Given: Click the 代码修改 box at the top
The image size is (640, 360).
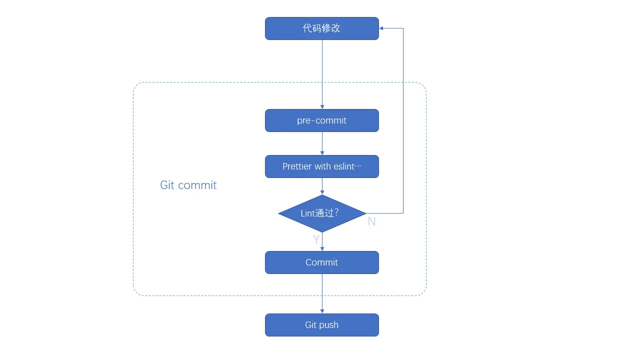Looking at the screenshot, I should click(x=321, y=28).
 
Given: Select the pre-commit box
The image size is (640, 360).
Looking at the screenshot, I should click(x=321, y=120).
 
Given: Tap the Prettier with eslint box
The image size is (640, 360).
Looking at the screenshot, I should click(x=321, y=166).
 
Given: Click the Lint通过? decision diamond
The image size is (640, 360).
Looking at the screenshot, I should click(x=322, y=213).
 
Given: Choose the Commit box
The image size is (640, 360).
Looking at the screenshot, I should click(x=321, y=262).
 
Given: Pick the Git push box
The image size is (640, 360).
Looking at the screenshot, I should click(x=321, y=325).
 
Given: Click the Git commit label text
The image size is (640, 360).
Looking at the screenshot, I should click(x=188, y=185).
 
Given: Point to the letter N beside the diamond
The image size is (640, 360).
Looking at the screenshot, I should click(x=371, y=221).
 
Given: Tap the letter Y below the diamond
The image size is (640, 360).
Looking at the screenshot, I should click(x=316, y=239).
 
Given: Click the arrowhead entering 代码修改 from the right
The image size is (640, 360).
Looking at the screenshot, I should click(x=381, y=28).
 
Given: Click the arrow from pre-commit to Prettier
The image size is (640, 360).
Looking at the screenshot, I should click(x=322, y=143).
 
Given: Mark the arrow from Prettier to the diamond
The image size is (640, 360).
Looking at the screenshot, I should click(x=322, y=186).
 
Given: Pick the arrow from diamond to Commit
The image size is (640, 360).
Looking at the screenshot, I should click(x=322, y=242).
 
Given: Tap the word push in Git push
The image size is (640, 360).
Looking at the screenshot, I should click(x=329, y=325).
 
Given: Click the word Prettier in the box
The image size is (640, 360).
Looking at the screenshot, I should click(x=297, y=166).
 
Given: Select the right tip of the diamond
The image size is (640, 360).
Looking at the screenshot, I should click(x=365, y=213).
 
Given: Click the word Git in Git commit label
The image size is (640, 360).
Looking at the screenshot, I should click(x=167, y=185).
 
